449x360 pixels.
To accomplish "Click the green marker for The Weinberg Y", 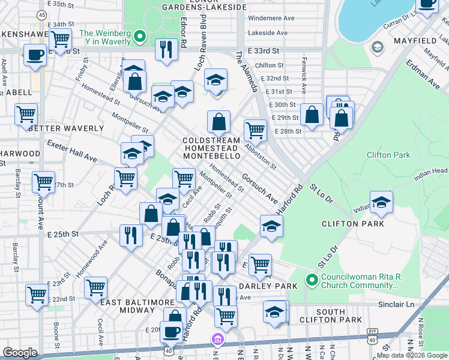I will pos(140,37).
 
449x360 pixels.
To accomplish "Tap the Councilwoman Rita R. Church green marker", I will pos(311,280).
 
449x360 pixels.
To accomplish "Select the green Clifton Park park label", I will pos(388,155).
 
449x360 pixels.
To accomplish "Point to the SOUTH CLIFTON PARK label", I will pos(330,316).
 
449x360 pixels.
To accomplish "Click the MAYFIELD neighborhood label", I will pos(414,40).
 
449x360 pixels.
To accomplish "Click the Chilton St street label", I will pos(268,65).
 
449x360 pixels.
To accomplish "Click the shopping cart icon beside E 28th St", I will pos(255,129).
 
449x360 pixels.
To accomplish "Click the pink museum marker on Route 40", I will pos(218,340).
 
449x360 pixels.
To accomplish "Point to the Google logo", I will pos(20,353).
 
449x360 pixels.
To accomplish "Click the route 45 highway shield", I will pos(41,14).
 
